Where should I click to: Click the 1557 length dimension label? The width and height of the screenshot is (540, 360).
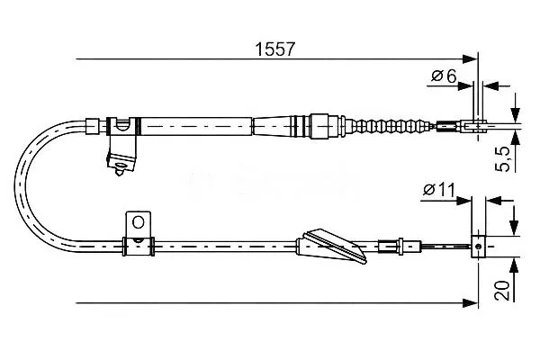tap(275, 49)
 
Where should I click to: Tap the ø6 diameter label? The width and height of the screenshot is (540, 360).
tap(444, 76)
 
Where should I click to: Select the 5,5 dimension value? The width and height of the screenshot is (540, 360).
tap(503, 158)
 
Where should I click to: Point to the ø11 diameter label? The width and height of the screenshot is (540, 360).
tap(439, 190)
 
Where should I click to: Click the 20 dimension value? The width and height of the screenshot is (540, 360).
tap(502, 291)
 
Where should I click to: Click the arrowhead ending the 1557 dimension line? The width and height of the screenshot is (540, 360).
tap(471, 58)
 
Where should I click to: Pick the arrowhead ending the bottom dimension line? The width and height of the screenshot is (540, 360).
tap(471, 303)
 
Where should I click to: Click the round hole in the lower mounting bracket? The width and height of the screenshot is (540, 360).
tap(138, 222)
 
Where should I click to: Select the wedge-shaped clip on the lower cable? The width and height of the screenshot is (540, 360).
tap(330, 246)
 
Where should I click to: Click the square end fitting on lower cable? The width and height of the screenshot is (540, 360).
tap(478, 247)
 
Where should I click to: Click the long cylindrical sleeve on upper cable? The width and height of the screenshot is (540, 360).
tap(196, 126)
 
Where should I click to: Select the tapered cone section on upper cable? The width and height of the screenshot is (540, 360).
tap(272, 126)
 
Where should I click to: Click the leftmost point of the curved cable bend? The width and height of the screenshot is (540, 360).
tap(14, 186)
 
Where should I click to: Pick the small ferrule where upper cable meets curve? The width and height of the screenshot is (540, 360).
tap(92, 126)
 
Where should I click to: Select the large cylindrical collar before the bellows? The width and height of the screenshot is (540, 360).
tap(319, 126)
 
